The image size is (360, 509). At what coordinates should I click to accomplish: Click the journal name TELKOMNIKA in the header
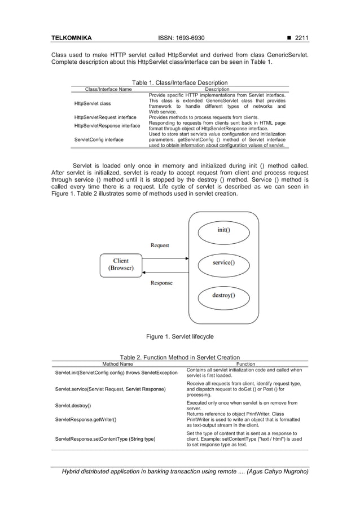pos(71,38)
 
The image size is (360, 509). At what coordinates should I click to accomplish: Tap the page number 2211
pos(298,38)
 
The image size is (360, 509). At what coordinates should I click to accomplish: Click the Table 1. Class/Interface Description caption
pos(179,82)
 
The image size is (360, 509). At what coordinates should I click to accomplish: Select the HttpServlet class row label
pos(93,104)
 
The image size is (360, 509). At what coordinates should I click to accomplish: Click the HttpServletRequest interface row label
pos(105,117)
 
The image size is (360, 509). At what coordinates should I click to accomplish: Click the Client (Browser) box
pos(121,265)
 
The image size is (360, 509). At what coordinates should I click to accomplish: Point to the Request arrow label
pos(159,245)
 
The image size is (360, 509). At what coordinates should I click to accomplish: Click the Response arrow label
pos(161,283)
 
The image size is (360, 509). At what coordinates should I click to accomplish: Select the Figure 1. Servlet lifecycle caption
pos(179,336)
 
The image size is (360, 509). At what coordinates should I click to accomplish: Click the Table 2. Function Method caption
pos(179,357)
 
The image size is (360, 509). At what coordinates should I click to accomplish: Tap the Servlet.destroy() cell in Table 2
pos(73,406)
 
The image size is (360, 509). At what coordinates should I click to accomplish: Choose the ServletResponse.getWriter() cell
pos(86,420)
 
